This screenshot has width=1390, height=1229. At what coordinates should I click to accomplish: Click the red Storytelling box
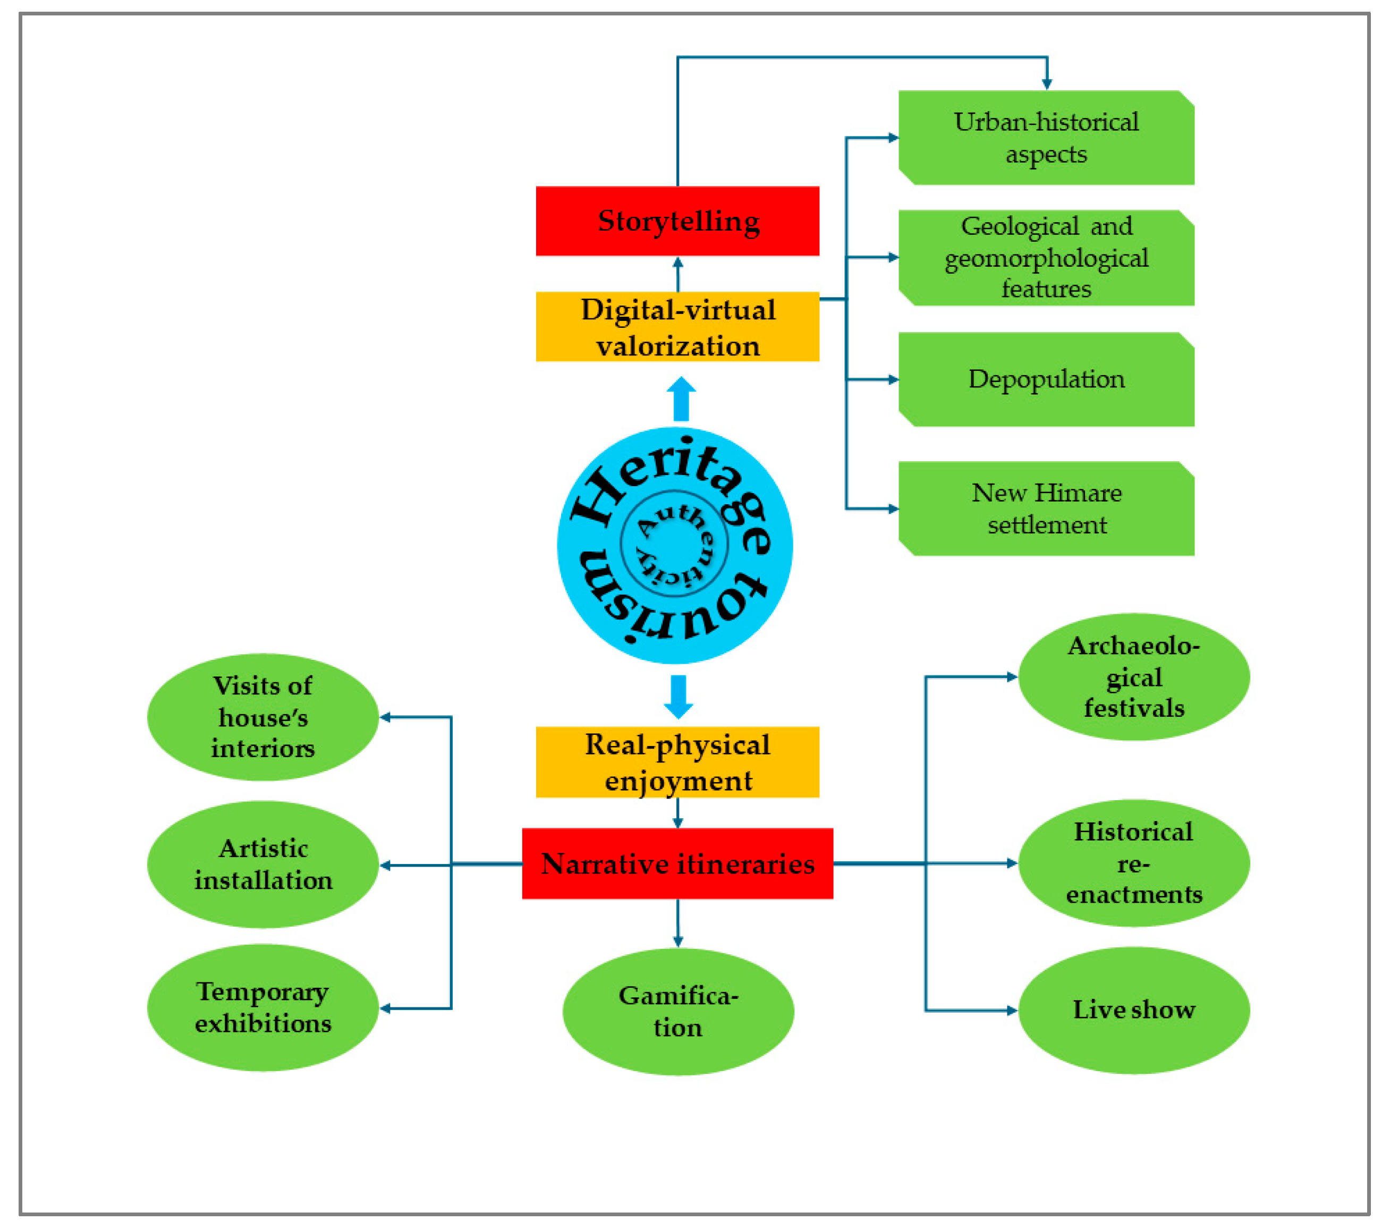[677, 221]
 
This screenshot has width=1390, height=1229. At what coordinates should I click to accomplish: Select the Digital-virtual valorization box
[677, 326]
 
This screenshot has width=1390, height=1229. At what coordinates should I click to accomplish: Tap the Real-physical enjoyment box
[677, 762]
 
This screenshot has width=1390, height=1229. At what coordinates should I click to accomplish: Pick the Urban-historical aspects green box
[1046, 138]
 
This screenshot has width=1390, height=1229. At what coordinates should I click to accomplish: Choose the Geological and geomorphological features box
[1046, 258]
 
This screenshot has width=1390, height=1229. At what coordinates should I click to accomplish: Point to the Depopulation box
[1046, 379]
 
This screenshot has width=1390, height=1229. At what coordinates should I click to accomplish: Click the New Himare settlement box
[1046, 508]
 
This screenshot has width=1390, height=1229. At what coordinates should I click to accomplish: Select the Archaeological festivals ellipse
[1133, 677]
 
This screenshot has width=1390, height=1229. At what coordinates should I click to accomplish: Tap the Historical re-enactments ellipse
[1133, 862]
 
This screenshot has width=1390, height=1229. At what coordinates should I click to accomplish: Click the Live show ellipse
[1133, 1010]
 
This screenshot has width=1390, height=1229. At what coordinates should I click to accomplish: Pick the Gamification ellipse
[678, 1011]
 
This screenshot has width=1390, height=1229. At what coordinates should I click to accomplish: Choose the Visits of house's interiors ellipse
[263, 717]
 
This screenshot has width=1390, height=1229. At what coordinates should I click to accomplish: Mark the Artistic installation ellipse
[263, 864]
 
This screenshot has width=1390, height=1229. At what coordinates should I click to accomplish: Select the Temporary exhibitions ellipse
[263, 1008]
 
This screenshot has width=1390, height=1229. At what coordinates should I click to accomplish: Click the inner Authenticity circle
[675, 544]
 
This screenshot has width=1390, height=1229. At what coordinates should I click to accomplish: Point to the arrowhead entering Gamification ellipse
[677, 942]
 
